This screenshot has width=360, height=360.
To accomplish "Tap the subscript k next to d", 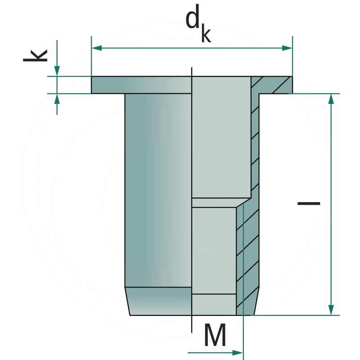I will (206, 35).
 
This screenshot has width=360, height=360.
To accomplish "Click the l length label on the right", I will (309, 203).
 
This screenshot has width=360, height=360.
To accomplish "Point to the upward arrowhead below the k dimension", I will (57, 99).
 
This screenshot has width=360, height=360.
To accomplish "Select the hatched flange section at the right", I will (272, 85).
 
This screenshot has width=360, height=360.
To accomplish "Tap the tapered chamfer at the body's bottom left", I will (157, 301).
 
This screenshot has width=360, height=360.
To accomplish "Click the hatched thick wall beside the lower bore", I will (248, 261).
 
